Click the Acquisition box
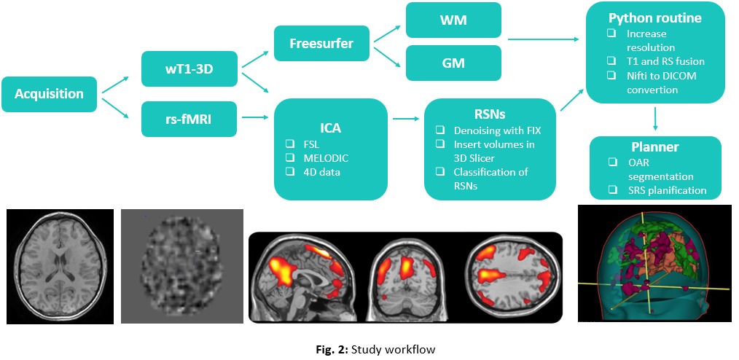click(x=49, y=94)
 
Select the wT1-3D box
click(x=189, y=69)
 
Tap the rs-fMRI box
click(x=189, y=120)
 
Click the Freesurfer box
click(x=321, y=44)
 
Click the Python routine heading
click(x=655, y=18)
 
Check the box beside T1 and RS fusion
click(x=611, y=61)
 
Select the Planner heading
click(x=655, y=147)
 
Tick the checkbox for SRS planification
click(x=612, y=190)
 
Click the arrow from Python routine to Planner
click(x=656, y=120)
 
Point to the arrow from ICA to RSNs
click(x=406, y=119)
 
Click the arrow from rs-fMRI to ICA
click(x=256, y=119)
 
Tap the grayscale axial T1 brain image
click(x=60, y=267)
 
